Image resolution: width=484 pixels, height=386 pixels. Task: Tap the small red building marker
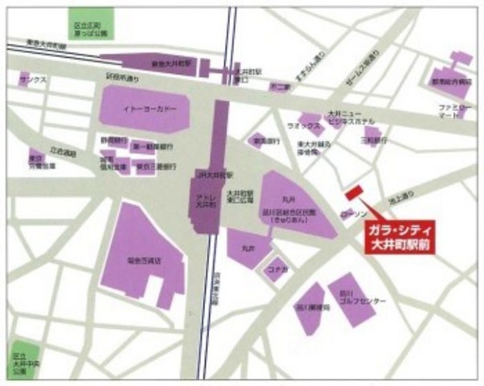(x=353, y=194)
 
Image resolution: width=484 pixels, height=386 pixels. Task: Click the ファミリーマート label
(x=454, y=111)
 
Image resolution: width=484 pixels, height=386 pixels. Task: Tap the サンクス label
(x=35, y=80)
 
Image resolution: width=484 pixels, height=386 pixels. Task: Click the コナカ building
(x=277, y=272)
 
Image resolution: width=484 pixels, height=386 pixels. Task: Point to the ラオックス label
(x=304, y=126)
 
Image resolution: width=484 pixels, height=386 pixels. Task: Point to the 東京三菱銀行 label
(x=150, y=167)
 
